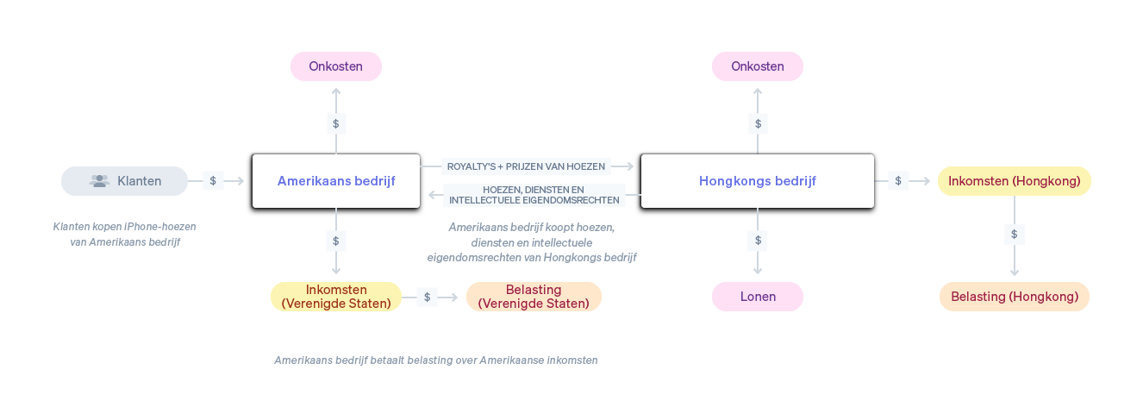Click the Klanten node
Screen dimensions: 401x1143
(x=124, y=181)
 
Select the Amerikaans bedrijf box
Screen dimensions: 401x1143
(x=336, y=181)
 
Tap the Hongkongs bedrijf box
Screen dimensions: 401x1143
(x=757, y=181)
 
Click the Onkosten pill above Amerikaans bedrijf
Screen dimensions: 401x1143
(x=335, y=66)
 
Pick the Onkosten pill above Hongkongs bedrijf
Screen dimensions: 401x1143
(x=758, y=66)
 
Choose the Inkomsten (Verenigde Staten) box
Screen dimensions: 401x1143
(x=336, y=297)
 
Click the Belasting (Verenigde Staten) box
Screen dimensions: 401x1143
(x=534, y=297)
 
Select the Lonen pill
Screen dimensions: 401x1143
(x=758, y=297)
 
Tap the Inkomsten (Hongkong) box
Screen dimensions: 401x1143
(x=1014, y=181)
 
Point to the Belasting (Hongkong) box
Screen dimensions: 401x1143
(x=1015, y=297)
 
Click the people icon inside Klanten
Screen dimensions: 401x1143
(x=100, y=181)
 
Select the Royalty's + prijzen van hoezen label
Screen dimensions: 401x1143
(x=526, y=166)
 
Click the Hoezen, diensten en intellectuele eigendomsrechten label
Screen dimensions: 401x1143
(x=534, y=195)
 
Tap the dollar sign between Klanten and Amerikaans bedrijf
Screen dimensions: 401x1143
(x=213, y=181)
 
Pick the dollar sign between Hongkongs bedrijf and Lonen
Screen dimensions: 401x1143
(x=758, y=240)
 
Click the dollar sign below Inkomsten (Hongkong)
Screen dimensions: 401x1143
(x=1015, y=234)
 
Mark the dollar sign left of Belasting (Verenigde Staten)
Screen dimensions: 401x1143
(x=427, y=297)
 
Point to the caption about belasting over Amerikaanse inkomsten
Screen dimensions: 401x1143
(x=435, y=360)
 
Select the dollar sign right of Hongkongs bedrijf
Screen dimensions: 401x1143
(x=898, y=181)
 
